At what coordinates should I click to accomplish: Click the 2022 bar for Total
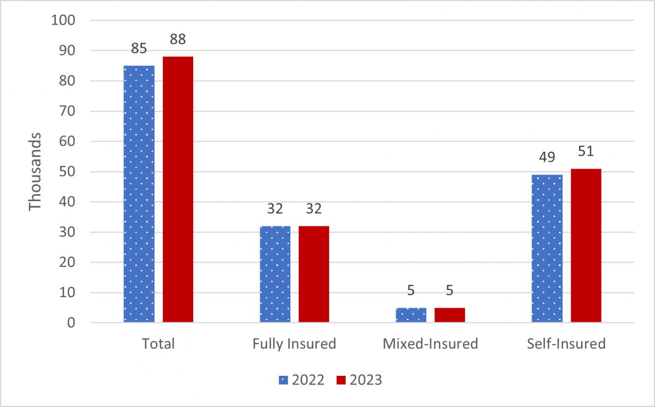[x=139, y=194]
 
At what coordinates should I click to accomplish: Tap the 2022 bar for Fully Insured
[x=275, y=274]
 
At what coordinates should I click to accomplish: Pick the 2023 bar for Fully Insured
[x=313, y=274]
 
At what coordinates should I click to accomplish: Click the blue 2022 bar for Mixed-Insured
[x=410, y=315]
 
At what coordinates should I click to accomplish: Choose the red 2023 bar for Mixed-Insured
[x=449, y=315]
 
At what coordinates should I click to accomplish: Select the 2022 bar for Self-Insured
[x=547, y=249]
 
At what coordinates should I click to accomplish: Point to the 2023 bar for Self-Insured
[x=586, y=245]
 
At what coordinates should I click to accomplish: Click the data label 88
[x=177, y=40]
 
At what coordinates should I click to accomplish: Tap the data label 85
[x=139, y=49]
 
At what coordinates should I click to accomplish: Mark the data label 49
[x=547, y=158]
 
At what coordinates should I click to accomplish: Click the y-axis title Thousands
[x=35, y=171]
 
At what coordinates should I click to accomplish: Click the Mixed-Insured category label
[x=430, y=344]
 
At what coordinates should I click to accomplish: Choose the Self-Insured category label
[x=566, y=344]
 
